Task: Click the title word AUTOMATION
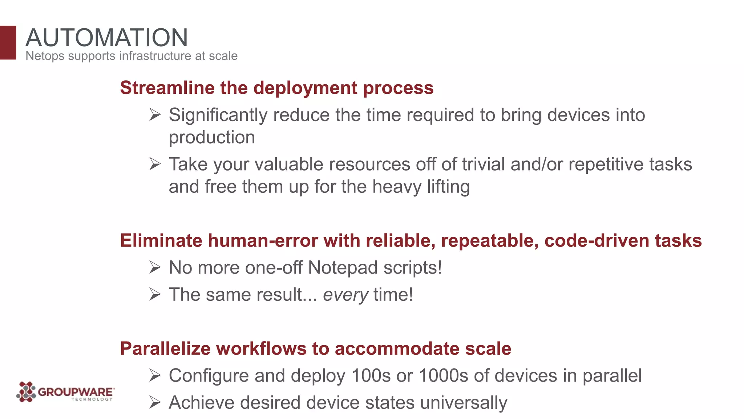pyautogui.click(x=107, y=37)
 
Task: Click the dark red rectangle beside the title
pyautogui.click(x=8, y=43)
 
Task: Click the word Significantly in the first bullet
pyautogui.click(x=218, y=115)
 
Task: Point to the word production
pyautogui.click(x=212, y=137)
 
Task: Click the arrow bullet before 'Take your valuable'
pyautogui.click(x=155, y=164)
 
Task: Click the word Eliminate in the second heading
pyautogui.click(x=161, y=241)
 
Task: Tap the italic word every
pyautogui.click(x=345, y=295)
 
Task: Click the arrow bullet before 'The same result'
pyautogui.click(x=155, y=294)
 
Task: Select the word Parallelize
pyautogui.click(x=165, y=348)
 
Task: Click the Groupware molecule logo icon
pyautogui.click(x=26, y=392)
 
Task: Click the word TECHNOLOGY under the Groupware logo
pyautogui.click(x=92, y=399)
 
